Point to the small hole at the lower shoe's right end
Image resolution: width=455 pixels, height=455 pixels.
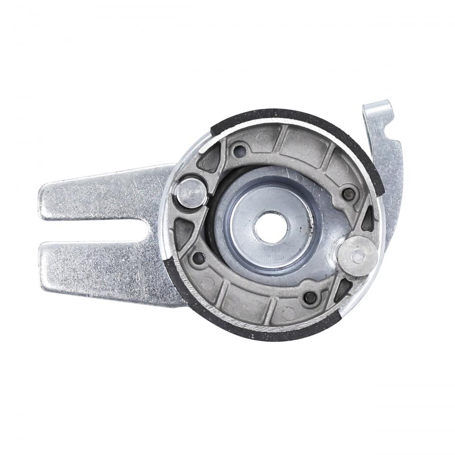310,297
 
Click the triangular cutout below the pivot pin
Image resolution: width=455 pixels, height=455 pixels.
182,232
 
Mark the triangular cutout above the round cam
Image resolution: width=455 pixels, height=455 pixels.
368,220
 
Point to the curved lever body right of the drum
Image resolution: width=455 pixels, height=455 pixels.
393,190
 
